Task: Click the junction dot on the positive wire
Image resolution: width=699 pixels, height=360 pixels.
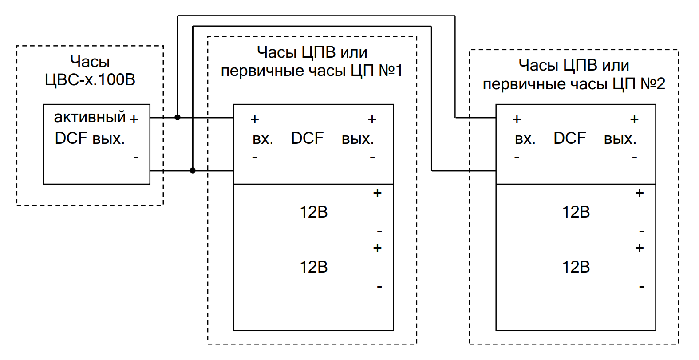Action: (178, 118)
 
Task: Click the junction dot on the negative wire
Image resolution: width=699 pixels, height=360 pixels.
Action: (193, 170)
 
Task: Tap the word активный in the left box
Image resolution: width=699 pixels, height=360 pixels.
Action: (90, 117)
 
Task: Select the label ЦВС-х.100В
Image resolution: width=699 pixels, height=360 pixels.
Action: (90, 80)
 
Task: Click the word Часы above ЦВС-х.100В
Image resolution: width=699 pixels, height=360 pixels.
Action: (90, 62)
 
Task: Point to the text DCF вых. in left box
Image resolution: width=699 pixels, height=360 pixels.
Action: (90, 138)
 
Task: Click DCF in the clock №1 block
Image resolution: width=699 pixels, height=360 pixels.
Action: (307, 138)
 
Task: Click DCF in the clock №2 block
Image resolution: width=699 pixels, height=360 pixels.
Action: (569, 138)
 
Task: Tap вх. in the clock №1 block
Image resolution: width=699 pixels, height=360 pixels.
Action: (263, 139)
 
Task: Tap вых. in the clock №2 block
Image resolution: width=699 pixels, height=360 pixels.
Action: (620, 139)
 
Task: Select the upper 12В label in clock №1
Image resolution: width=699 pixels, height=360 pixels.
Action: (313, 212)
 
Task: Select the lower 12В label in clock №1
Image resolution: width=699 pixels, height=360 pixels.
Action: (313, 267)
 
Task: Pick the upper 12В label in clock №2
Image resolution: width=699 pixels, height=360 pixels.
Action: (576, 212)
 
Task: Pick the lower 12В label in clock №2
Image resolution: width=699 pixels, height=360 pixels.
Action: (576, 267)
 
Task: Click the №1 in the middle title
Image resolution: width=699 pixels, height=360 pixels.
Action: (391, 71)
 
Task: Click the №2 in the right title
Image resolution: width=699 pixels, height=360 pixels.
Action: (652, 83)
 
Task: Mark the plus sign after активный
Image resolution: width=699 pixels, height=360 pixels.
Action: (134, 119)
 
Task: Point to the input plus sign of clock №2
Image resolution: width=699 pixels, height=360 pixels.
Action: (517, 119)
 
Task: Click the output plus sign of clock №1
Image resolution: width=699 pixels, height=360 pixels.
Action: (372, 119)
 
